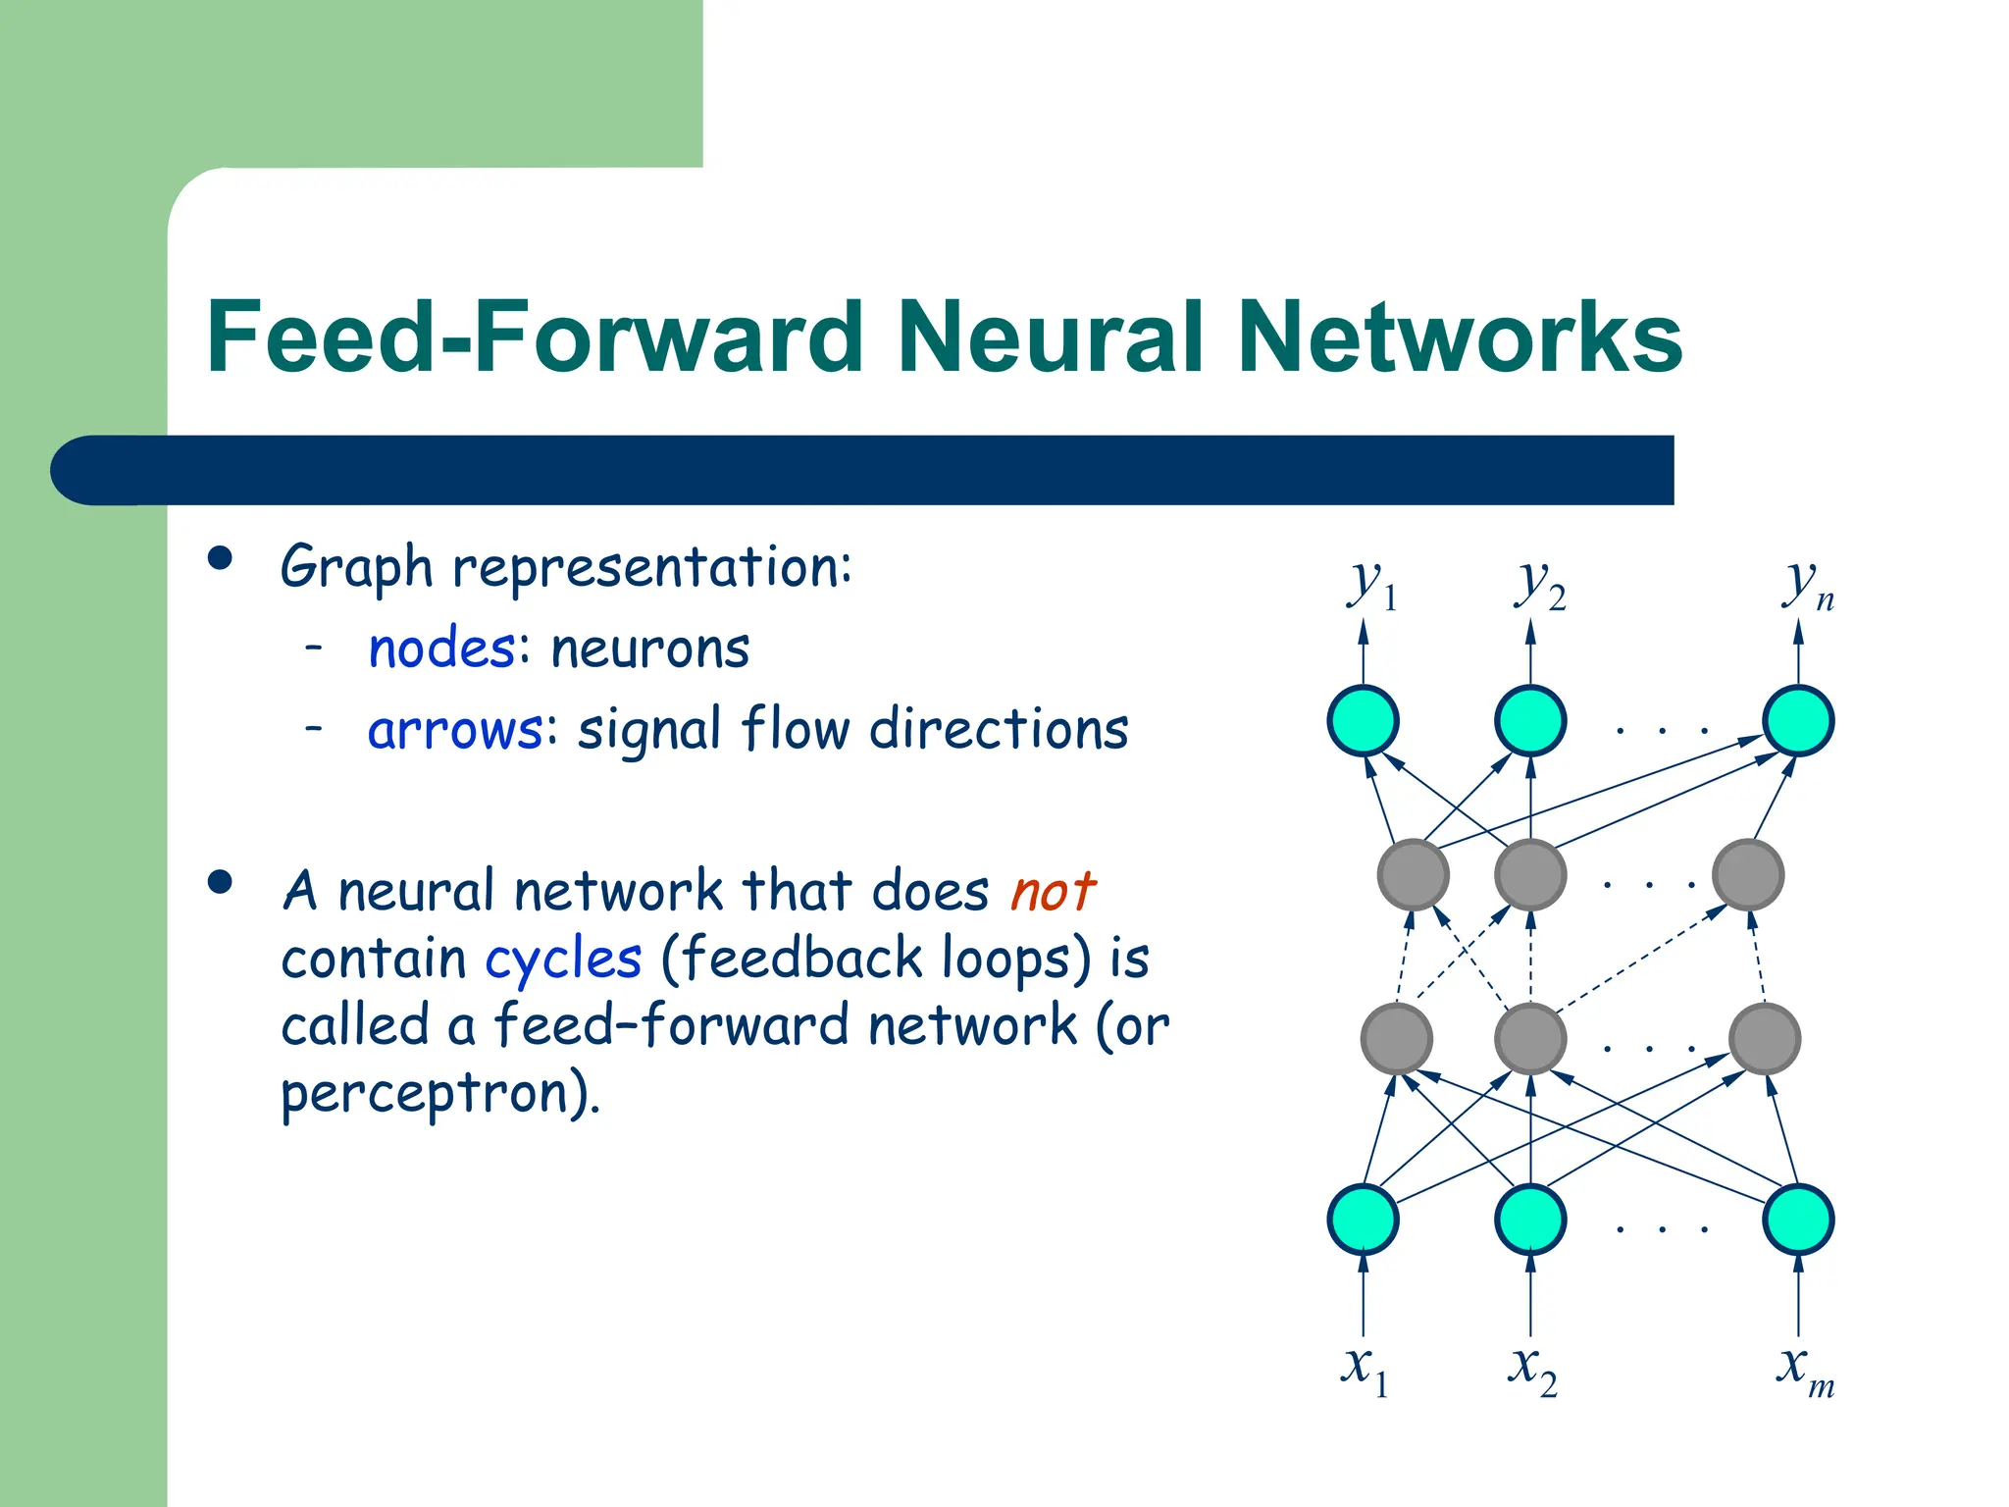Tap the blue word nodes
pyautogui.click(x=441, y=649)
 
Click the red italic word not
pyautogui.click(x=1052, y=891)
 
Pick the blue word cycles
pyautogui.click(x=564, y=958)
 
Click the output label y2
pyautogui.click(x=1538, y=587)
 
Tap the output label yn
pyautogui.click(x=1807, y=587)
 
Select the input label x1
pyautogui.click(x=1364, y=1368)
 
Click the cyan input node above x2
pyautogui.click(x=1530, y=1220)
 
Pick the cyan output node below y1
pyautogui.click(x=1363, y=721)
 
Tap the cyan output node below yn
pyautogui.click(x=1798, y=721)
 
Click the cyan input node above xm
pyautogui.click(x=1798, y=1220)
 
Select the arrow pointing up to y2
pyautogui.click(x=1530, y=652)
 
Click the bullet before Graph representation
pyautogui.click(x=221, y=559)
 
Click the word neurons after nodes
pyautogui.click(x=650, y=649)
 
